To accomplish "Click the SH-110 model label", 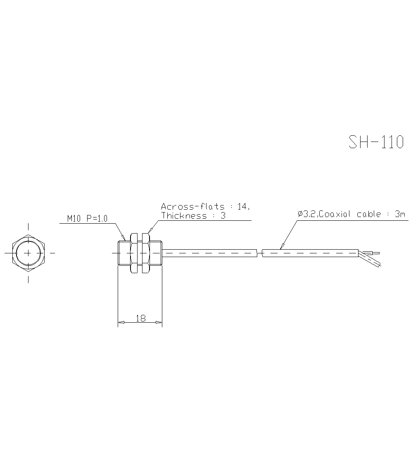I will (x=376, y=142).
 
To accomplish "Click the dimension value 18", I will (x=140, y=318).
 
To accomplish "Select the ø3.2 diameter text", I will (x=307, y=214).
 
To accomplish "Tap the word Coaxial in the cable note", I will (x=336, y=214).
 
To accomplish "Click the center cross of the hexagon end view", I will (x=28, y=253).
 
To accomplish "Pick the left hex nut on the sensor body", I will (x=134, y=253).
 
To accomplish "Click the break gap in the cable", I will (x=259, y=253).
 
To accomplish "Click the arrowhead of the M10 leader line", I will (x=124, y=238).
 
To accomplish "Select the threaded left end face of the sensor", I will (x=119, y=253).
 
